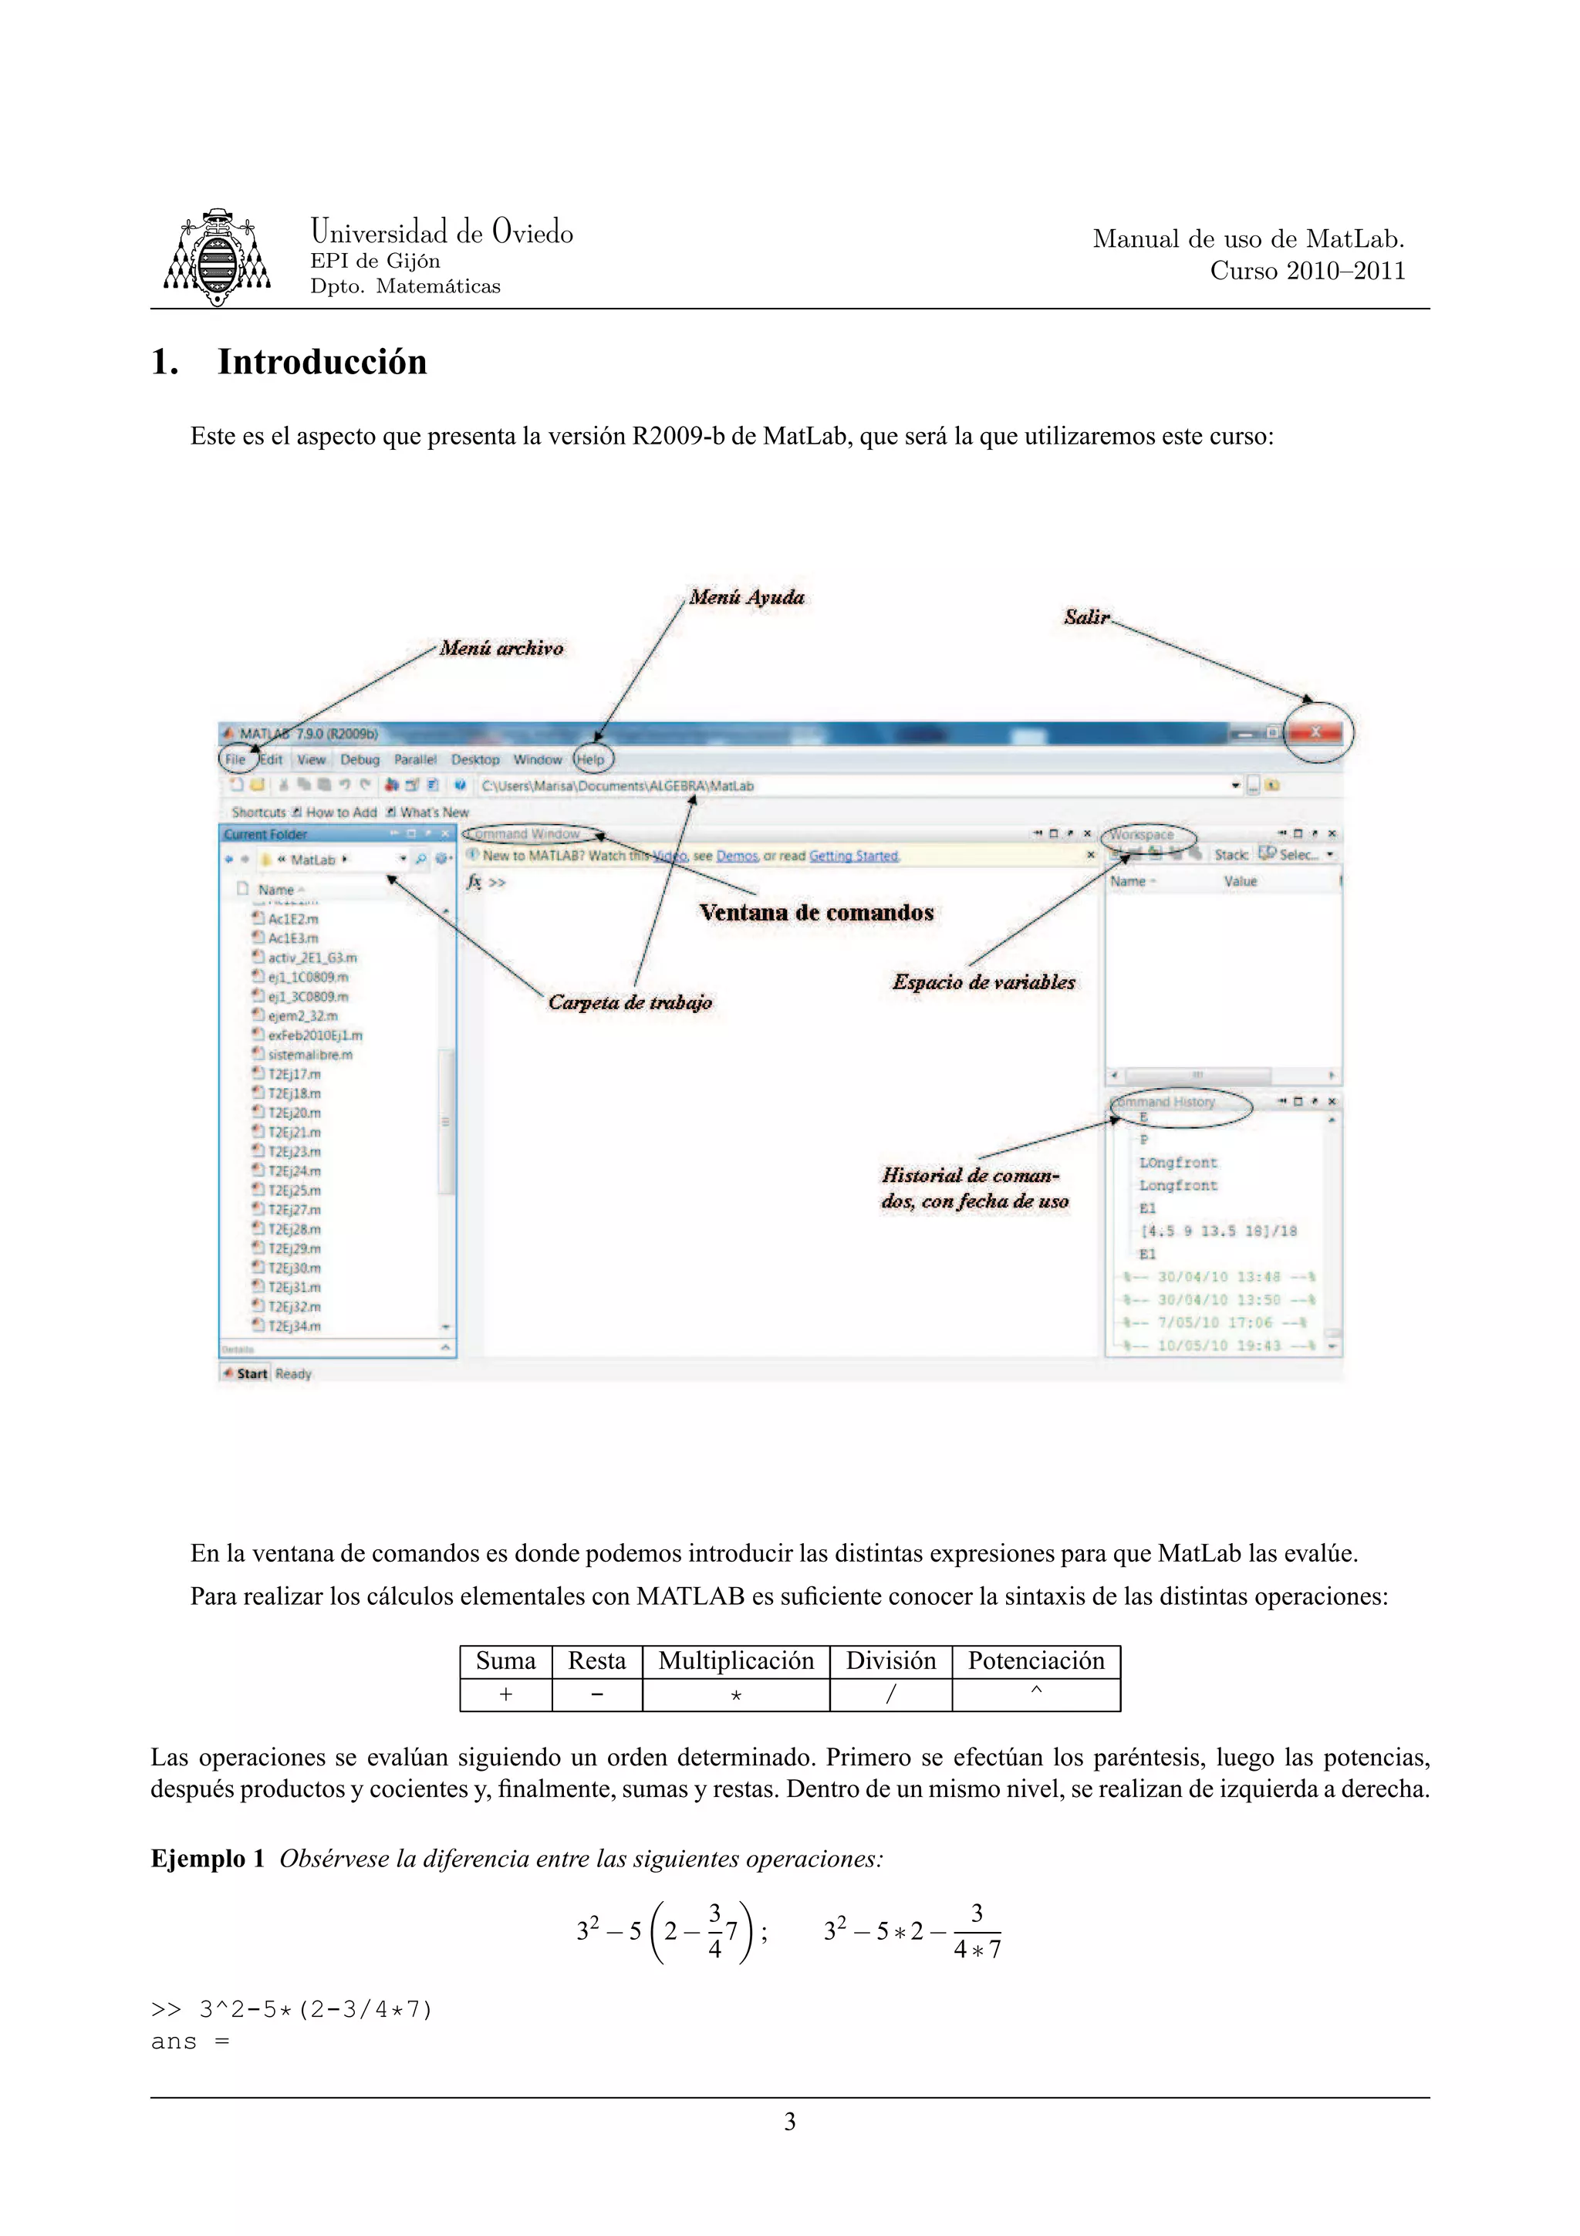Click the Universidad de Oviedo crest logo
(x=216, y=257)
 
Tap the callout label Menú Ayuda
(x=747, y=598)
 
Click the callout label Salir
(x=1085, y=617)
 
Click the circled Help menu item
(x=591, y=760)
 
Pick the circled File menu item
(x=235, y=760)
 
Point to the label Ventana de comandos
(x=815, y=914)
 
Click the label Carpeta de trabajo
(x=630, y=1003)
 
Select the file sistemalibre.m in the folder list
(x=309, y=1055)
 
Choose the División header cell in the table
(x=890, y=1661)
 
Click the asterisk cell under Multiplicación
(x=736, y=1695)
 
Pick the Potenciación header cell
(x=1036, y=1661)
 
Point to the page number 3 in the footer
(x=789, y=2122)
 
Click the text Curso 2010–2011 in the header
(x=1306, y=272)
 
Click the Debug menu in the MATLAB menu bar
(x=360, y=760)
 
